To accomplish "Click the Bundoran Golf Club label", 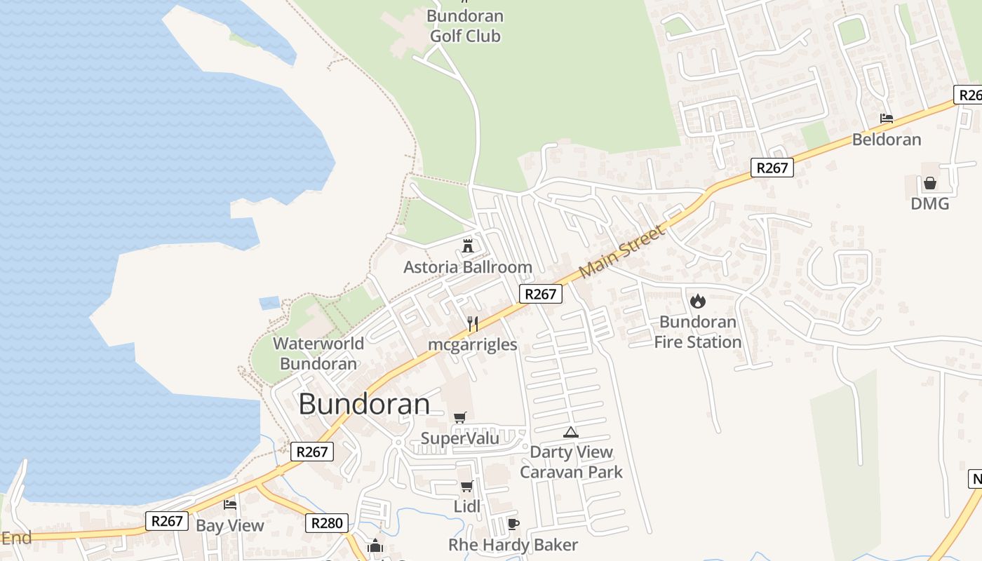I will [464, 26].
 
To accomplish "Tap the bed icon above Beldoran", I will [887, 119].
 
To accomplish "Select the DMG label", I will [929, 203].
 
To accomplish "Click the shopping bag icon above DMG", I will [930, 183].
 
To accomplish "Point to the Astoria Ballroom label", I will [467, 267].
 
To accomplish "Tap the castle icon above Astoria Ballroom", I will [468, 245].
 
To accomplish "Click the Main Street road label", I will [622, 250].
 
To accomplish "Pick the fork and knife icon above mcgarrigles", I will [473, 323].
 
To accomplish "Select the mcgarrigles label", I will [473, 344].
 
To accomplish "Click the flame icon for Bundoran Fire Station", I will [697, 301].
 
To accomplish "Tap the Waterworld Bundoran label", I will [318, 353].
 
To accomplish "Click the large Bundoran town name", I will [364, 404].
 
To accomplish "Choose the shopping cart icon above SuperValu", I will [460, 418].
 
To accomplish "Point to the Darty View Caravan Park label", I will [571, 462].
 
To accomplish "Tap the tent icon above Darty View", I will [571, 432].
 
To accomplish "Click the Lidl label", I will [467, 506].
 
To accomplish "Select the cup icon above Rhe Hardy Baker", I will [513, 524].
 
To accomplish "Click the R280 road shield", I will [327, 522].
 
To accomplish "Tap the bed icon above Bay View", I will [230, 504].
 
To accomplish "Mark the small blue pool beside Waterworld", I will [269, 303].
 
